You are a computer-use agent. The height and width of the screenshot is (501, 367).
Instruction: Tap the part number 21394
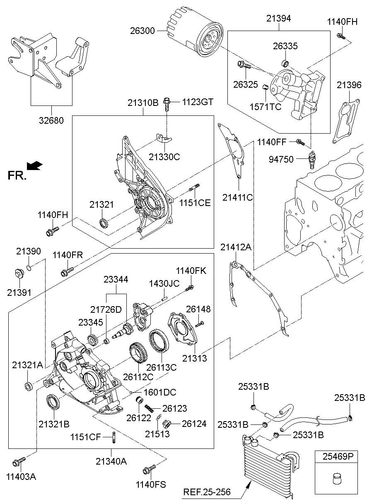(x=278, y=18)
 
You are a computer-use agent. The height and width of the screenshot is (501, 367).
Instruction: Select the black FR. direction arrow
(x=34, y=165)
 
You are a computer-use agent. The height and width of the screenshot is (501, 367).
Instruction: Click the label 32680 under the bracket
(x=52, y=121)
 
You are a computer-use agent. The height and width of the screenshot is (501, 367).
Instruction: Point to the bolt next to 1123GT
(x=167, y=103)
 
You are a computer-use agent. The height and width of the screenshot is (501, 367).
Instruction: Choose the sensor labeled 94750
(x=311, y=159)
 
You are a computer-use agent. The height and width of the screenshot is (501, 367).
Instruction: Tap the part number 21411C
(x=237, y=197)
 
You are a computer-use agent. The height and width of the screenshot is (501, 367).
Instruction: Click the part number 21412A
(x=236, y=247)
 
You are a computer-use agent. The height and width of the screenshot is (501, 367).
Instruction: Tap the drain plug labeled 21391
(x=18, y=273)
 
